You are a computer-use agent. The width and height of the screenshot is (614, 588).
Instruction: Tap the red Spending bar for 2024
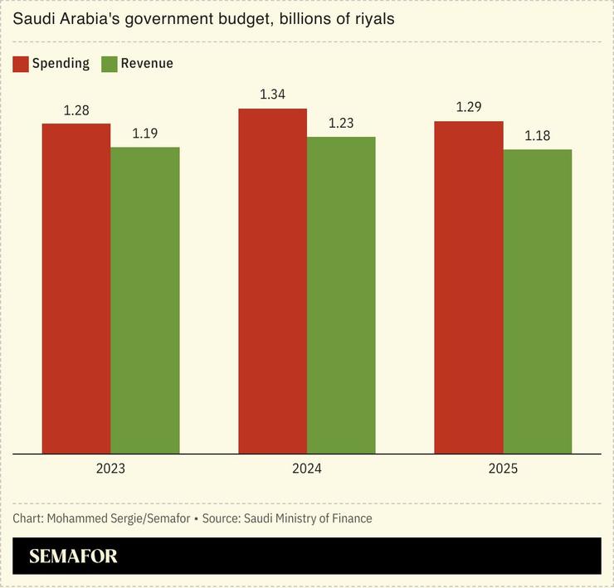click(x=272, y=281)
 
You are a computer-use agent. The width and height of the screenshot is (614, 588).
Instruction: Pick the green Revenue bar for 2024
click(x=341, y=295)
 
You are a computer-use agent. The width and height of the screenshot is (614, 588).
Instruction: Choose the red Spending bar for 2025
click(x=469, y=288)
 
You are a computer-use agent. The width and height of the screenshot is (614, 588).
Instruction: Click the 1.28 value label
click(x=76, y=109)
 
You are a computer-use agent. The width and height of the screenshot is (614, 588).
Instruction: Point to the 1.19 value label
click(x=145, y=133)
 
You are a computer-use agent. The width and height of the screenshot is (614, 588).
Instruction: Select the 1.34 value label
click(x=272, y=95)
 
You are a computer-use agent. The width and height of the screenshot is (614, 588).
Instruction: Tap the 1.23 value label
click(x=341, y=123)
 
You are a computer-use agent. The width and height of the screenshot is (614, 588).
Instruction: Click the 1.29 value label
click(x=469, y=108)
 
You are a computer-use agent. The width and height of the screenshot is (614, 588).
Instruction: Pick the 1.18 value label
click(x=538, y=135)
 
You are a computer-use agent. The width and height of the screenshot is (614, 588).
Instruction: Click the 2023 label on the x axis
click(x=110, y=469)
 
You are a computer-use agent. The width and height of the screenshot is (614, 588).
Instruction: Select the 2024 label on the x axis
click(x=307, y=469)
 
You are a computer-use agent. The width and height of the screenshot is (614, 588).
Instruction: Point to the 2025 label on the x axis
click(x=503, y=469)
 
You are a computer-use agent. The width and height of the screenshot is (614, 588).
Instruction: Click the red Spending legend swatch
click(x=21, y=64)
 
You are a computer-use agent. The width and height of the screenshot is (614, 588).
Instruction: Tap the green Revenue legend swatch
click(x=110, y=64)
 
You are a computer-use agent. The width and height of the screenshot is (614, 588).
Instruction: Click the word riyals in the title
click(x=372, y=18)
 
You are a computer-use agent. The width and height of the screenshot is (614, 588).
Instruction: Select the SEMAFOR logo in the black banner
click(x=73, y=556)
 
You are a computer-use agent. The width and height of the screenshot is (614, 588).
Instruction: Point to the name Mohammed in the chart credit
click(x=76, y=518)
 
